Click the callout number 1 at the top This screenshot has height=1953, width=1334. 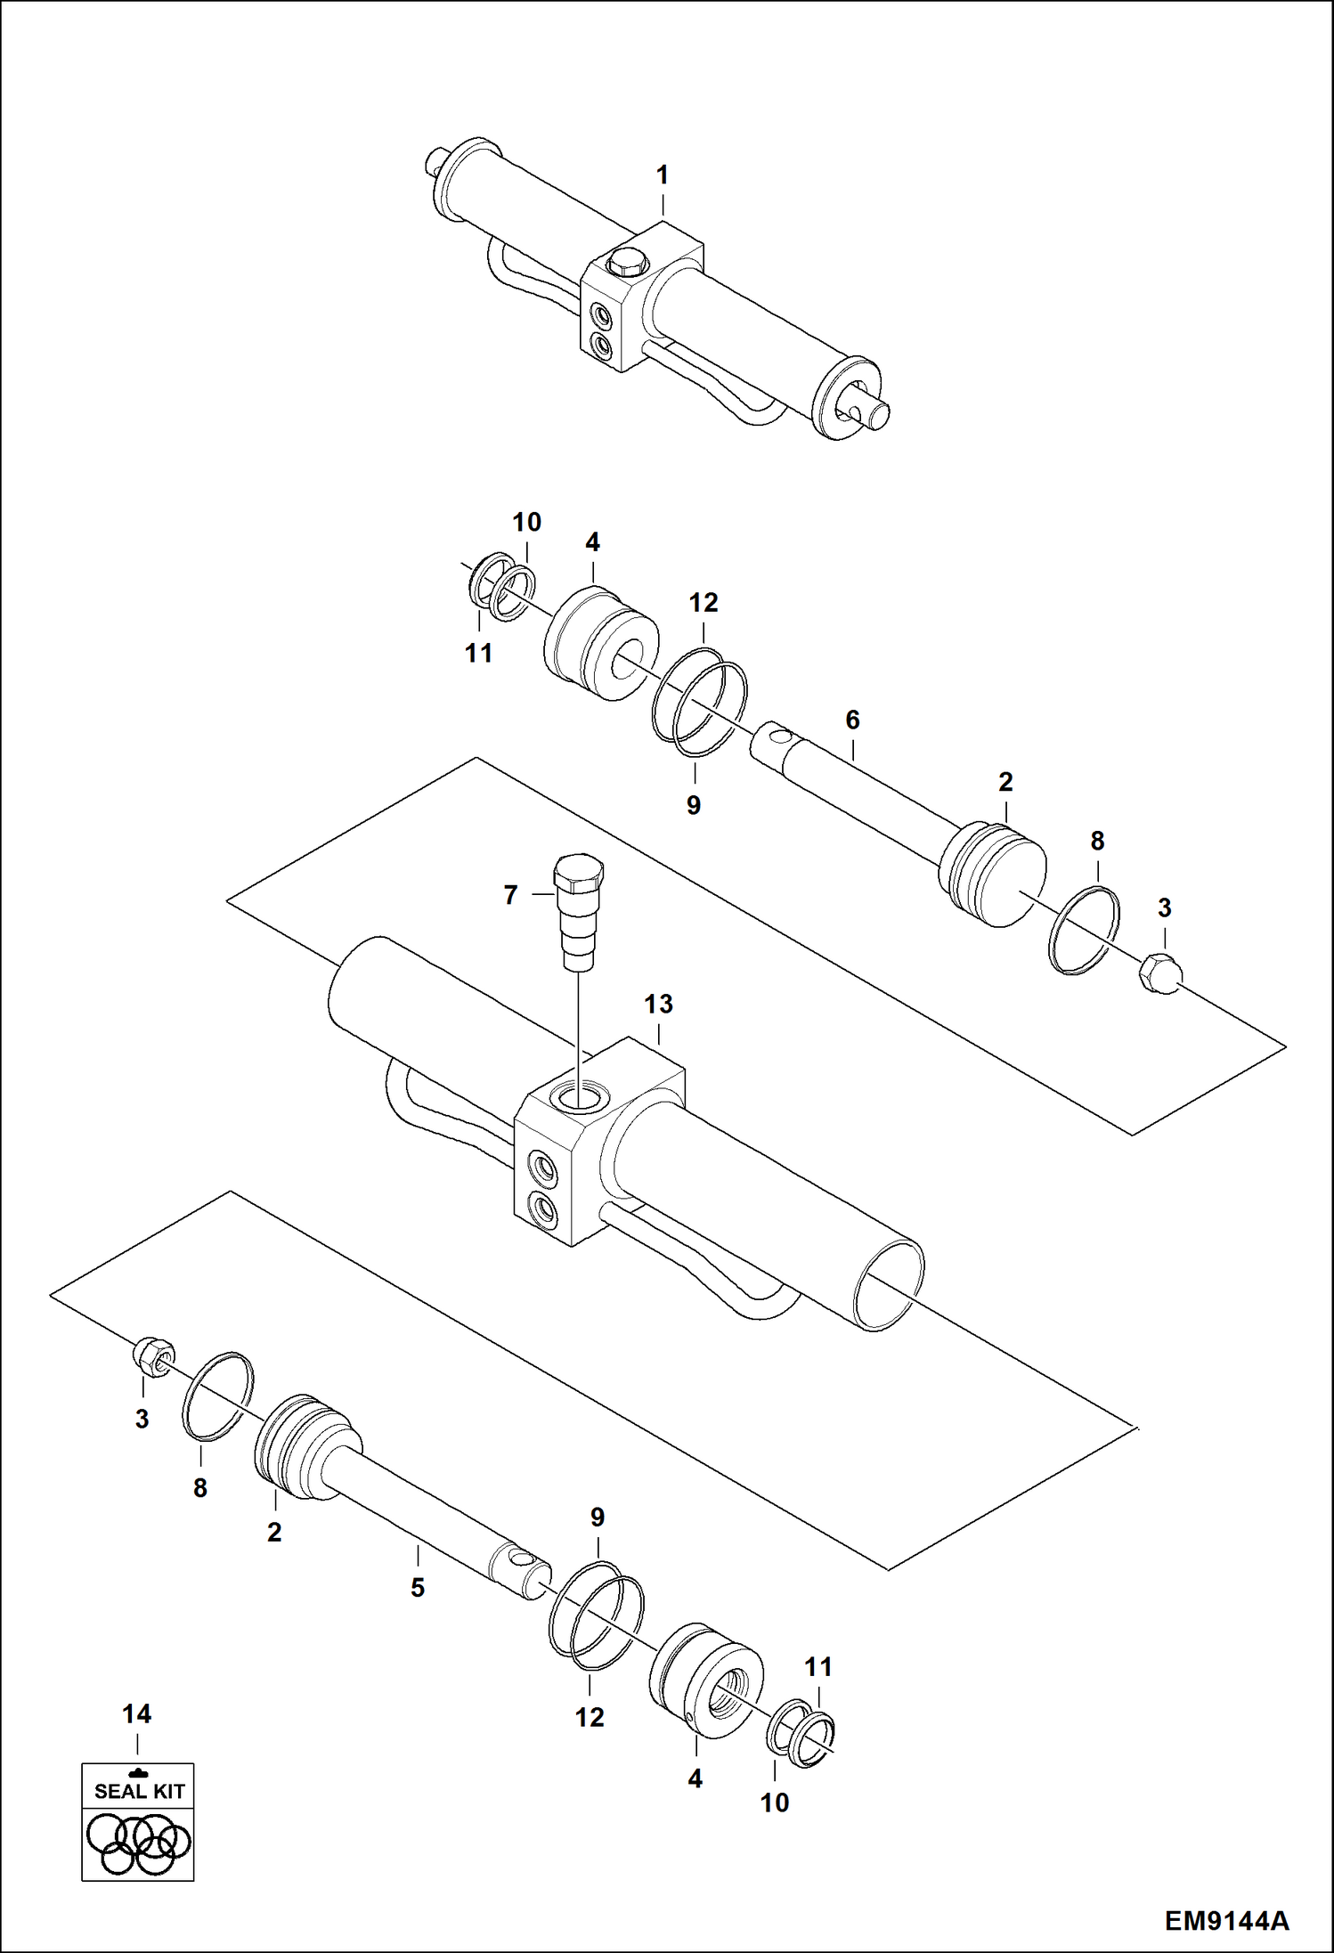pos(662,175)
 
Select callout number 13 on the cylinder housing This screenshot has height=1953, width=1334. pos(658,1004)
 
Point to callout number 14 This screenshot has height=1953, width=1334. pos(136,1713)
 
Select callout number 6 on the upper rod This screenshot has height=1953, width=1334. pos(852,720)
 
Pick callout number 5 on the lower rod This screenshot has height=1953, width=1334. pos(418,1587)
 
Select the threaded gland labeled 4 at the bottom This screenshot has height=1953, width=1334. pos(707,1680)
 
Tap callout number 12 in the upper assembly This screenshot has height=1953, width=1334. pos(703,603)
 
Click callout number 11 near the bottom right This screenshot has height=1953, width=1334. pos(817,1666)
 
